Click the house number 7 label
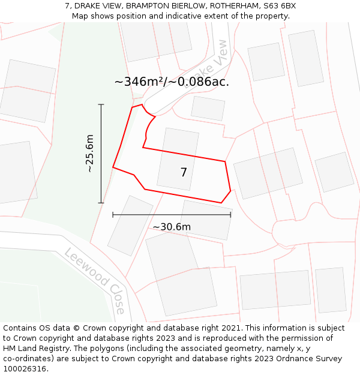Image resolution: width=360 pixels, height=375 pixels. pos(184,173)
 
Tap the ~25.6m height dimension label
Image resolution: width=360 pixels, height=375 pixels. pos(89,154)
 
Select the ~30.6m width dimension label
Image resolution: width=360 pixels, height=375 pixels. pos(172,227)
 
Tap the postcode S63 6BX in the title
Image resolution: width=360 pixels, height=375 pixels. pos(280,6)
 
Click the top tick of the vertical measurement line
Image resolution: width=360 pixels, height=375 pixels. pos(101,104)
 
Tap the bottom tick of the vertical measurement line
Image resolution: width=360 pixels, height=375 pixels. pos(101,203)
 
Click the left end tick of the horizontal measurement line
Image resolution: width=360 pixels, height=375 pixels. pos(113,214)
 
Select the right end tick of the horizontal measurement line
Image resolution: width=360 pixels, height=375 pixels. pos(230,214)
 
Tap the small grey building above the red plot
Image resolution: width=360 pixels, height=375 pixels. pos(208,109)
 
